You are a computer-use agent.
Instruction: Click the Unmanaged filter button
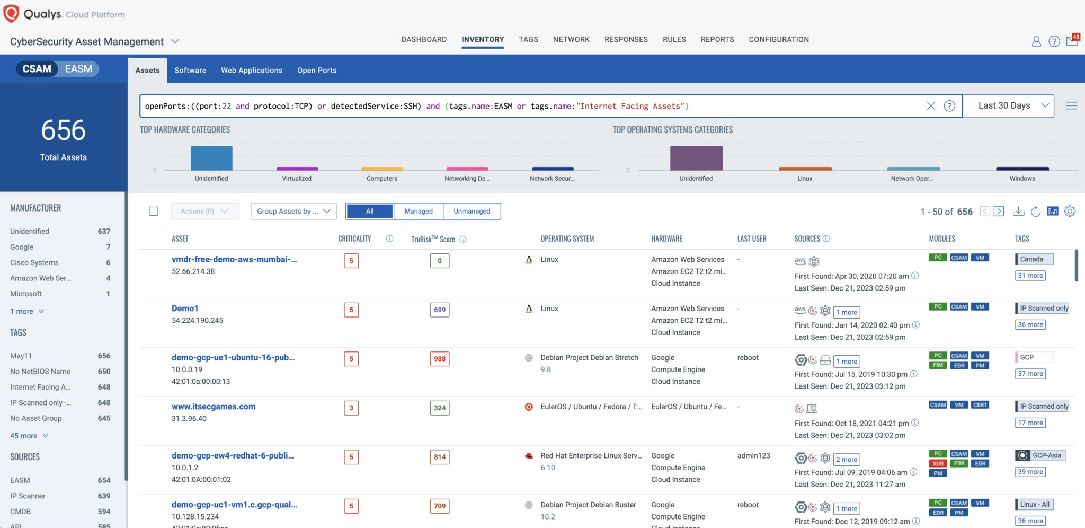(x=472, y=211)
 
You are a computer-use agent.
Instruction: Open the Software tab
(x=190, y=70)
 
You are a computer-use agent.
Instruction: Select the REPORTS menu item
(x=717, y=39)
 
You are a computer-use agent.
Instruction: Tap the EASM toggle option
(x=78, y=69)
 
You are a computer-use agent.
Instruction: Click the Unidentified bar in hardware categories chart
(x=211, y=158)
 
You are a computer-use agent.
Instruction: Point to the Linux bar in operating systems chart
(x=805, y=169)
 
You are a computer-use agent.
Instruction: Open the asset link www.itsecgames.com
(x=214, y=407)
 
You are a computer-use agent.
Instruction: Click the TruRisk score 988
(x=440, y=359)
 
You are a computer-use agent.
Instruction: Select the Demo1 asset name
(x=185, y=309)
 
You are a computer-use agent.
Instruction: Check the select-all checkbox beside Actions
(x=154, y=211)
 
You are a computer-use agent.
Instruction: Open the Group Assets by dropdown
(x=294, y=211)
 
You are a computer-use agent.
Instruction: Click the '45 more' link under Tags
(x=24, y=436)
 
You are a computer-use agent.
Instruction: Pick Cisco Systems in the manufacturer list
(x=34, y=262)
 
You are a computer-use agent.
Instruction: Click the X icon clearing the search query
(x=931, y=106)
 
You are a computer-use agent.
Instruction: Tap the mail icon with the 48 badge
(x=1072, y=41)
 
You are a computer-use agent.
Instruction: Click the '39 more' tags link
(x=1030, y=472)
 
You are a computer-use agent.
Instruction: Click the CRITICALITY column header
(x=354, y=239)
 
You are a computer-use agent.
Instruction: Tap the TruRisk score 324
(x=440, y=408)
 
